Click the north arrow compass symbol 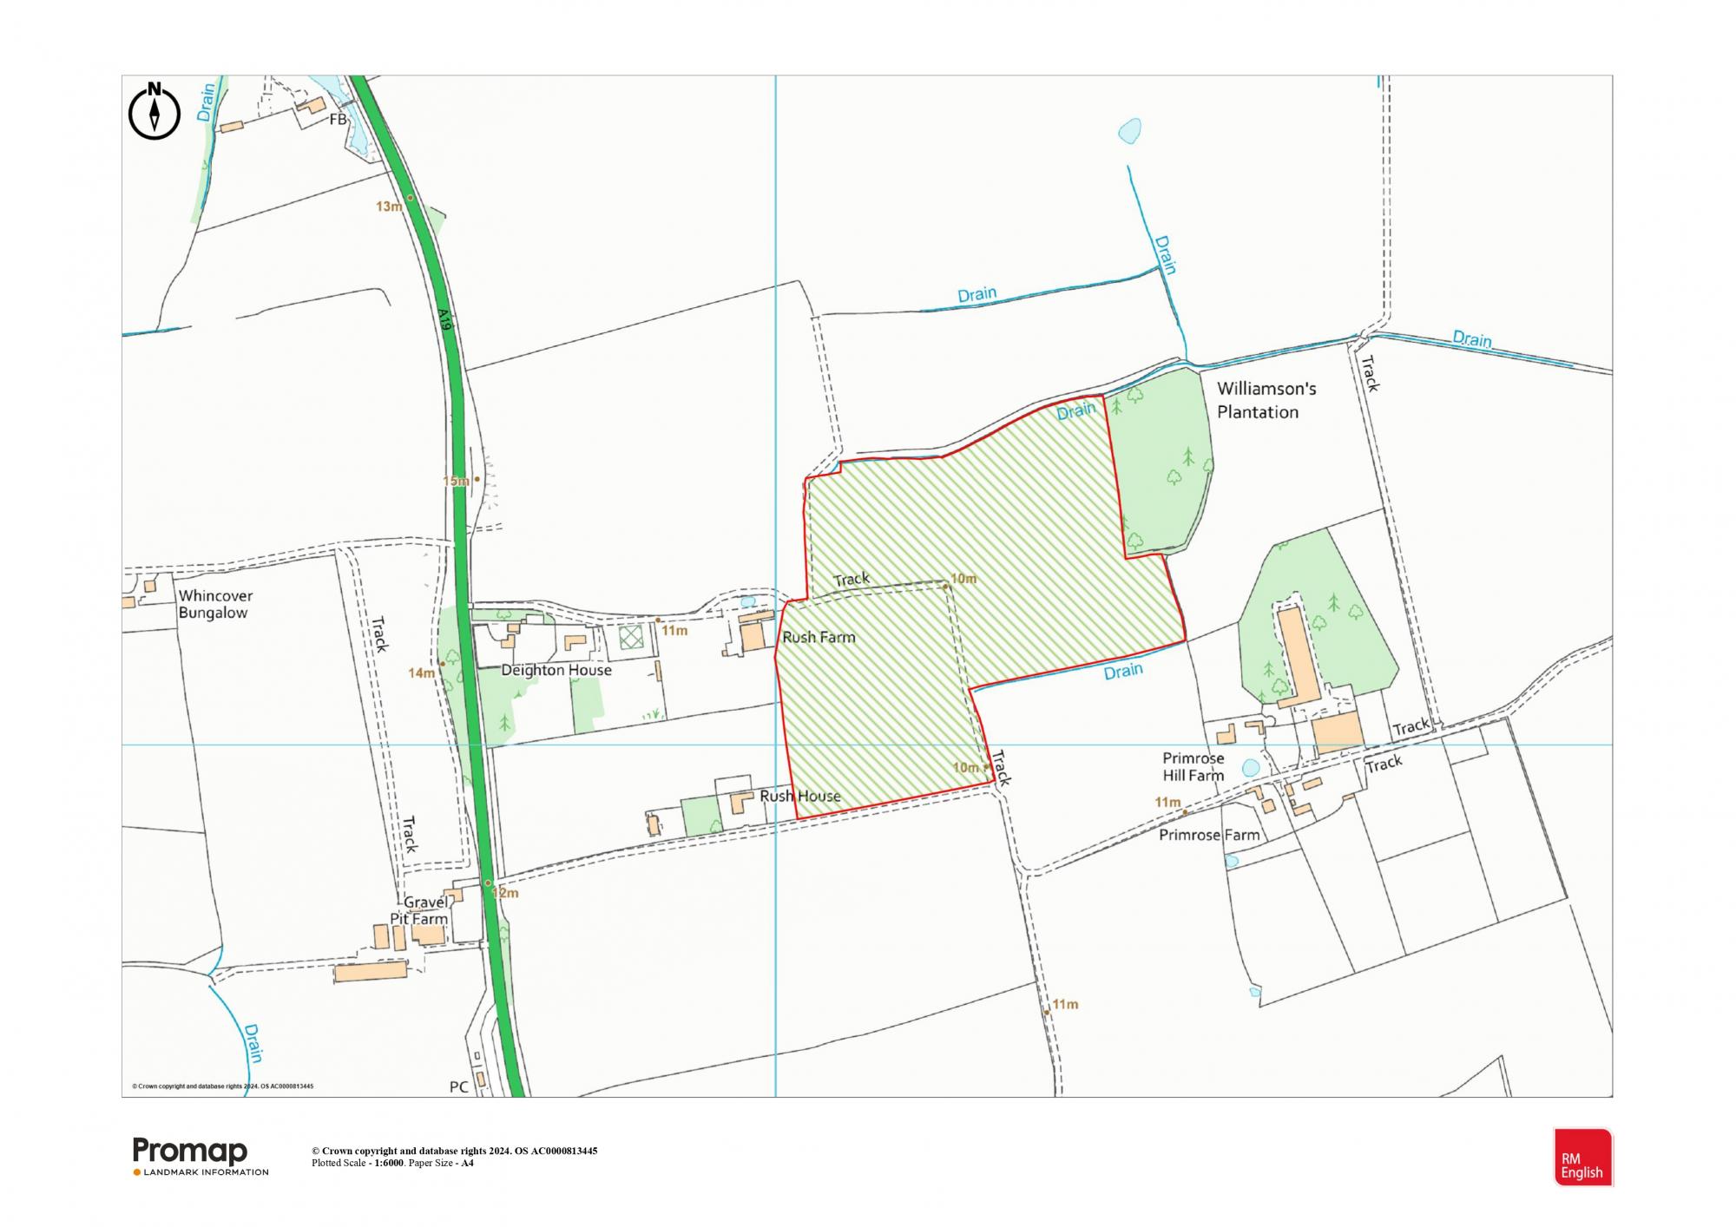tap(155, 111)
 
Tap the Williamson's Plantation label tap(1266, 400)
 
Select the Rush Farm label tap(819, 638)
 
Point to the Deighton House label tap(556, 671)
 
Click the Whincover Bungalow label tap(214, 605)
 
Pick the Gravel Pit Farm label tap(424, 911)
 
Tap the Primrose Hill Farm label tap(1193, 767)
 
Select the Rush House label tap(799, 797)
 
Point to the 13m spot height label tap(388, 207)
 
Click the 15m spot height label tap(456, 481)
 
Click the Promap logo tap(190, 1152)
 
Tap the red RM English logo tap(1582, 1158)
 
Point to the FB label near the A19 tap(338, 120)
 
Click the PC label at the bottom tap(459, 1086)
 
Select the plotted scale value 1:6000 tap(389, 1163)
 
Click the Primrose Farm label tap(1209, 836)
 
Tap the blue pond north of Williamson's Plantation tap(1129, 131)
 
